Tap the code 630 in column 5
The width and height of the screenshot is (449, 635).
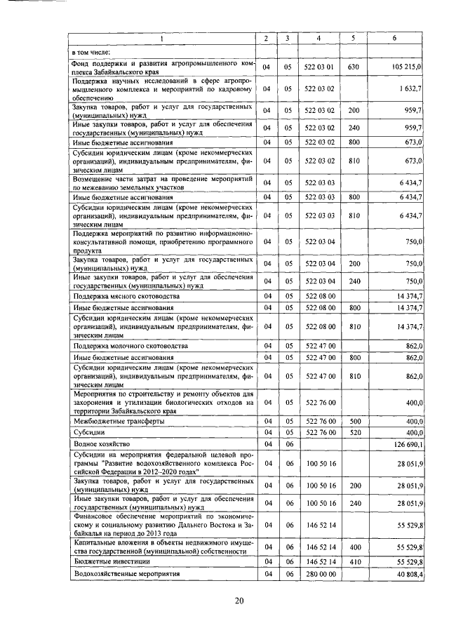[x=354, y=67]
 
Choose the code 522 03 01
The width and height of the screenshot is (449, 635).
[x=319, y=67]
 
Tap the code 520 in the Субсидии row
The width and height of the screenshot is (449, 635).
[x=354, y=433]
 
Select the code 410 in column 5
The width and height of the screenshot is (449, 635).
[x=354, y=562]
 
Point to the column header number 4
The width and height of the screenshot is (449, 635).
[x=319, y=37]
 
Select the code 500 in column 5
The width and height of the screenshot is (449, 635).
[x=354, y=421]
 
